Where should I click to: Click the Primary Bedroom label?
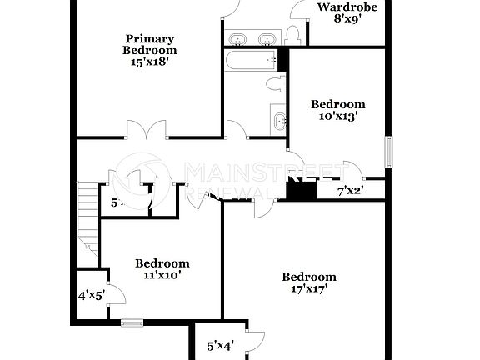point(150,44)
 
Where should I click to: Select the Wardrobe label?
point(347,7)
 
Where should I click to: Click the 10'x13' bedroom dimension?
point(338,117)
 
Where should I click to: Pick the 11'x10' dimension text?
point(162,275)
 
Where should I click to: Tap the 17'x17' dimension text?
point(308,289)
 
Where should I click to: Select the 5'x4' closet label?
point(220,344)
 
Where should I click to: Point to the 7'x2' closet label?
point(350,191)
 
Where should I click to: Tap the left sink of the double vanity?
point(238,39)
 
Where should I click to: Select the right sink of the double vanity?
point(267,39)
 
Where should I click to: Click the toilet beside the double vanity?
point(292,35)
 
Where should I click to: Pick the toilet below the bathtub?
point(274,85)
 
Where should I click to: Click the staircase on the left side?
point(87,219)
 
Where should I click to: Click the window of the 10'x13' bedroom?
point(387,153)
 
